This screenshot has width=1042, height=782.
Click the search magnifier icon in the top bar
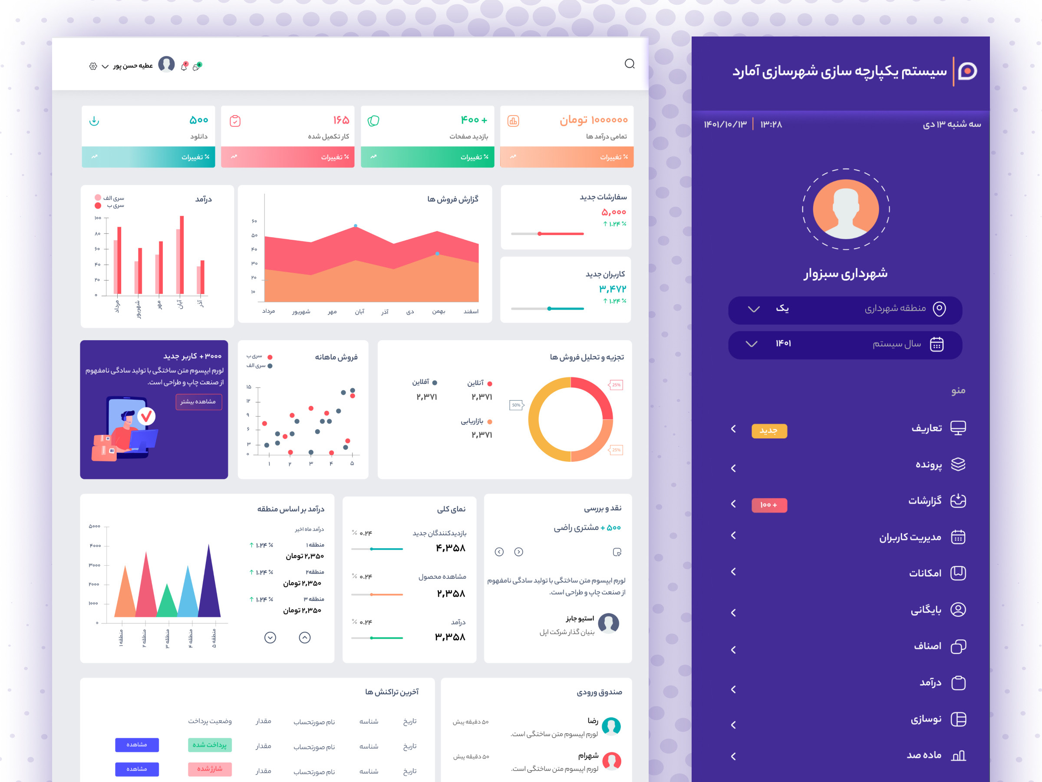tap(630, 63)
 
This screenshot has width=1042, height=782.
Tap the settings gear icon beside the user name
tap(93, 66)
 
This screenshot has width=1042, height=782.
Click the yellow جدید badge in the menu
tap(769, 431)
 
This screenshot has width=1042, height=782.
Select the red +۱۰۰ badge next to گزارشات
tap(769, 505)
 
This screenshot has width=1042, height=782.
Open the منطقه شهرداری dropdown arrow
tap(754, 309)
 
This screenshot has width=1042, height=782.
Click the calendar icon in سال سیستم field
tap(936, 345)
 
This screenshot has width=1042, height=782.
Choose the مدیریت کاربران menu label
tap(910, 537)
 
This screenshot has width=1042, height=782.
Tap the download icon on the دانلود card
tap(94, 121)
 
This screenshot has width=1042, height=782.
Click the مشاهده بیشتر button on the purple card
tap(198, 401)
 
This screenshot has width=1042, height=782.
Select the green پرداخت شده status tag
tap(210, 745)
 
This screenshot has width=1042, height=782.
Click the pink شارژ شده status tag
tap(210, 769)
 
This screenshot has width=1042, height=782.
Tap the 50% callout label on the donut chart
tap(516, 405)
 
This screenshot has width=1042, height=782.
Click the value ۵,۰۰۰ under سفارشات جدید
tap(613, 212)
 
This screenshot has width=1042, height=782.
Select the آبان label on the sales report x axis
tap(359, 311)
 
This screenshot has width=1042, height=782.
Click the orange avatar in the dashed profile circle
tap(846, 209)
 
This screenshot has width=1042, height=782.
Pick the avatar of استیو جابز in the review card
tap(608, 623)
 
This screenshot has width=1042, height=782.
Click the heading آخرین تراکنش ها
tap(392, 692)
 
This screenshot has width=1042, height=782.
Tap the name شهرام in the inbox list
tap(588, 756)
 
